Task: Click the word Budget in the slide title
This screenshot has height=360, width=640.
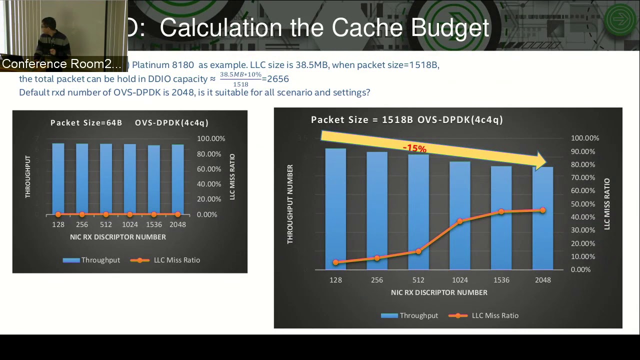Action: [449, 28]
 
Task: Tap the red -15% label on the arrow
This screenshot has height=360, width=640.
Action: [414, 148]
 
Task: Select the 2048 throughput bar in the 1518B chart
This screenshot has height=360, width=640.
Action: [542, 220]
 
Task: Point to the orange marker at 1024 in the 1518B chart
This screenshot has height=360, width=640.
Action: [460, 221]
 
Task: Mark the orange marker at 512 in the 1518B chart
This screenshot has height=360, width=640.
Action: [418, 251]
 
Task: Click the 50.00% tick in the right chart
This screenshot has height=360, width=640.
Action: [583, 204]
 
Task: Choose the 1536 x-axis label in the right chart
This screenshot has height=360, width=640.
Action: [501, 280]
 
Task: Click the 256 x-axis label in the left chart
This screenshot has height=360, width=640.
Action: [82, 224]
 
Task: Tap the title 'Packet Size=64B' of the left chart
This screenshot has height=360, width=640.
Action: [86, 122]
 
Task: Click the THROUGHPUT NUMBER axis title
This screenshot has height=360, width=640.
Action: [290, 204]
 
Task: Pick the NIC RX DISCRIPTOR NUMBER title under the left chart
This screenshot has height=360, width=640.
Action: [118, 237]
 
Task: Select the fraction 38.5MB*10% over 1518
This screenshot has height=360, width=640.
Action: [240, 79]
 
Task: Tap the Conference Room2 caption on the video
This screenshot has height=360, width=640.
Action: [61, 64]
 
